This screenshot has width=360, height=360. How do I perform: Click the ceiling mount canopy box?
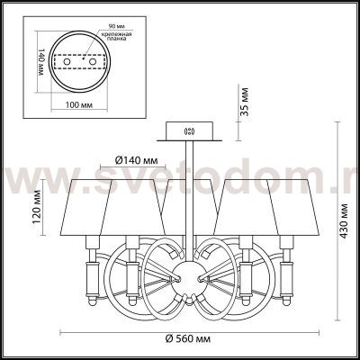(x=189, y=130)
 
